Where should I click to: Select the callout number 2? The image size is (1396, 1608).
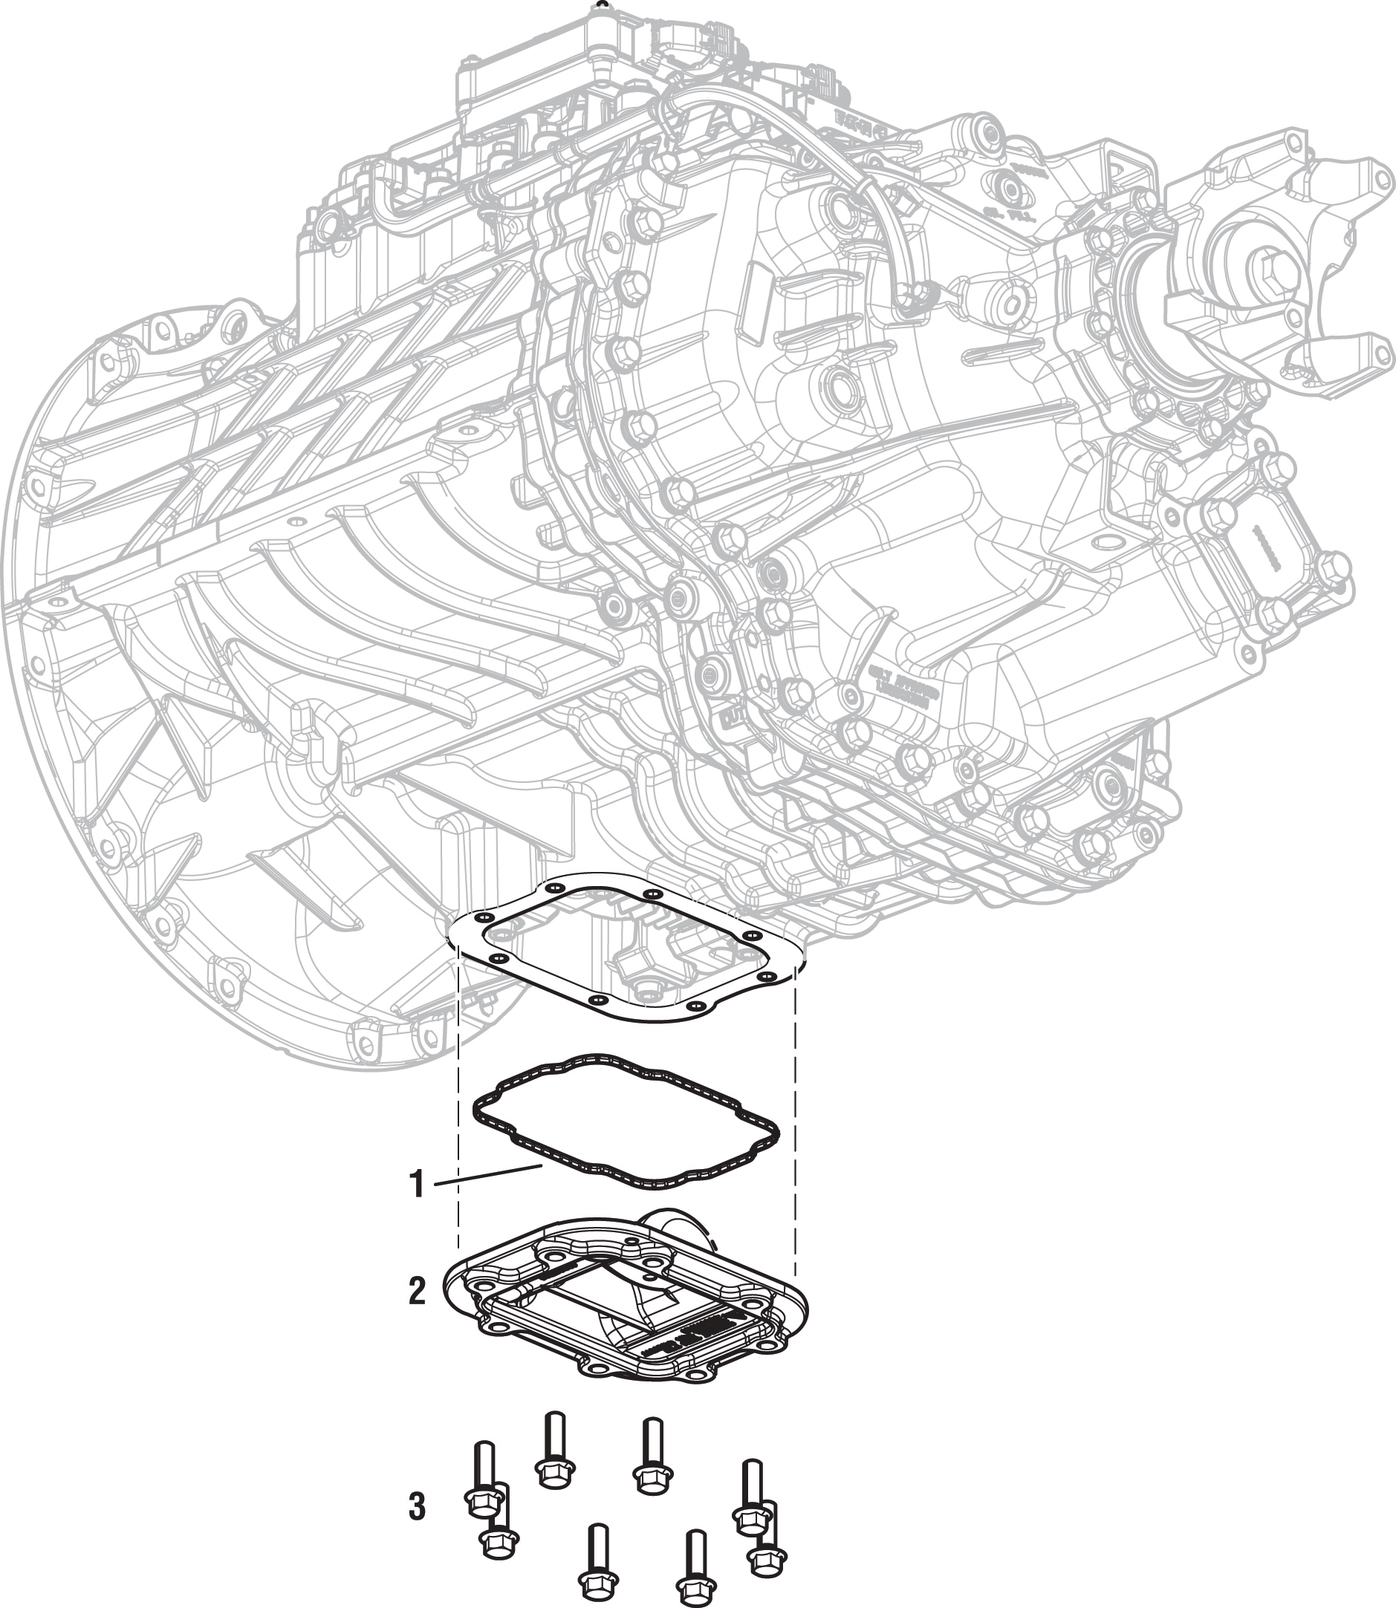(417, 1290)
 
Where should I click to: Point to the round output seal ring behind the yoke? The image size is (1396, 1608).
(1145, 311)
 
